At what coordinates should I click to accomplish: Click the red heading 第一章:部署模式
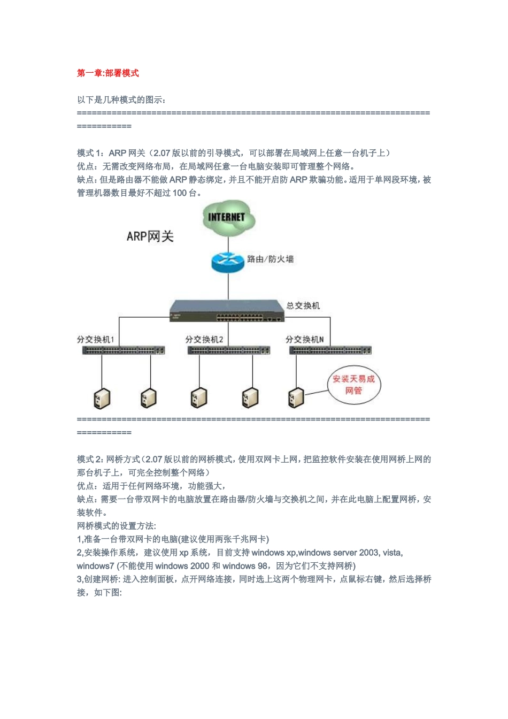coord(107,73)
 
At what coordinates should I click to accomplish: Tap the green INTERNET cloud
coord(227,217)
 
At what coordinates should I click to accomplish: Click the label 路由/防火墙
coord(270,259)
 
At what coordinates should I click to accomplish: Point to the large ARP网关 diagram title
coord(150,236)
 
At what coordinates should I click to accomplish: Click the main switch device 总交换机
coord(227,310)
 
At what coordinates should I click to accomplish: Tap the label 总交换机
coord(303,305)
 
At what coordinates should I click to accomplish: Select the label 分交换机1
coord(95,339)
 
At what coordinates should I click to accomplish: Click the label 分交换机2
coord(204,339)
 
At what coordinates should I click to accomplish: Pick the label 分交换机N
coord(304,339)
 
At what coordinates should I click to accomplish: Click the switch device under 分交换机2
coord(228,350)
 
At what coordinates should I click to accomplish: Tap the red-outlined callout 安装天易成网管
coord(353,385)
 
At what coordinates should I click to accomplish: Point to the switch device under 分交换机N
coord(330,350)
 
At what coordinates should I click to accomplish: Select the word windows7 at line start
coord(95,566)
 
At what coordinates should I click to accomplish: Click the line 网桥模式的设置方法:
coord(117,526)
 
